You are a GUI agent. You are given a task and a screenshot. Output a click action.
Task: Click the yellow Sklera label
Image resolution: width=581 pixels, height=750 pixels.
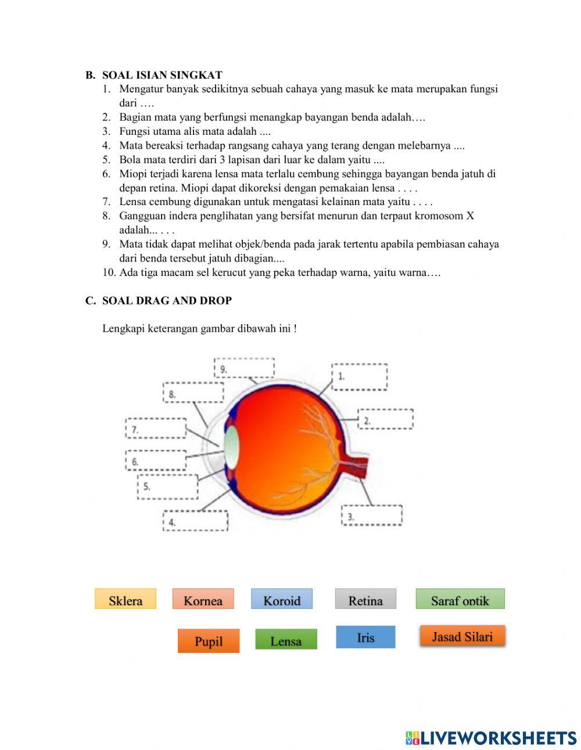point(125,599)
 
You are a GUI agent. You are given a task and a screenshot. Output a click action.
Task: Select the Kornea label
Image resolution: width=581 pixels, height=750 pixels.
point(203,599)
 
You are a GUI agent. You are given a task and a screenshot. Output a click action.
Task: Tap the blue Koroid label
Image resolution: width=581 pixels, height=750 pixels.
point(282,599)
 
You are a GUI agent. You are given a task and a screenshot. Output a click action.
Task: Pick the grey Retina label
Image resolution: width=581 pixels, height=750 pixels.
point(365,599)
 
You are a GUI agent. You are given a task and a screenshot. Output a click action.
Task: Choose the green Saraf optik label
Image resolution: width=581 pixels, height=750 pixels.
point(460,599)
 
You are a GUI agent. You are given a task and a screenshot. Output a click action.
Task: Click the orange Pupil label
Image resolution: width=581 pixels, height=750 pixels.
point(209,641)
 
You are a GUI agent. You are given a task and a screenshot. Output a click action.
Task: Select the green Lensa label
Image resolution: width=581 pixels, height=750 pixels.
point(286,640)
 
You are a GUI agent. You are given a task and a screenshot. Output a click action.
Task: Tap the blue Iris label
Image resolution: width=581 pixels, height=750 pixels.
point(365,637)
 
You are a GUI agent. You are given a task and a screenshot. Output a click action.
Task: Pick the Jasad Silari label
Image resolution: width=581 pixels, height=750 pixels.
point(462,636)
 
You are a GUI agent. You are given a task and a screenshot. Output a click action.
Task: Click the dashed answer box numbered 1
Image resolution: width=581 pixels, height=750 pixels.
point(360,377)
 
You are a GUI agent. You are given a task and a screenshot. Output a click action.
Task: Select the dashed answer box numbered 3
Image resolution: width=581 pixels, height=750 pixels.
point(372,515)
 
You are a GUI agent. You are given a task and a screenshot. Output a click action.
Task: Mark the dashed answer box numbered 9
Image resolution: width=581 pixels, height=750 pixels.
point(244,368)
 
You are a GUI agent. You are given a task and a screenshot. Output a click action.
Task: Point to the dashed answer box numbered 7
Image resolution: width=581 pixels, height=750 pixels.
point(156,428)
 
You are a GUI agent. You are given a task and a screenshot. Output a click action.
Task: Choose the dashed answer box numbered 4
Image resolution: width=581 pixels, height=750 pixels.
point(195,521)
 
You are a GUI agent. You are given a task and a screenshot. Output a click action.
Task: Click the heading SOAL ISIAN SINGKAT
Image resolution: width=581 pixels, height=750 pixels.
point(162,75)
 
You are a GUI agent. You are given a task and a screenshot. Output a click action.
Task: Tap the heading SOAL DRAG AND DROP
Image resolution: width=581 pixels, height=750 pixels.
point(167,300)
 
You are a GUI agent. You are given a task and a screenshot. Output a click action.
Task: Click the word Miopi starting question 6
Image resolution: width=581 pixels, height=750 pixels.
point(131,174)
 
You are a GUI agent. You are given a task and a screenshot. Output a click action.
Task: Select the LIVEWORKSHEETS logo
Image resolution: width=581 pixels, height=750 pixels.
point(491,738)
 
